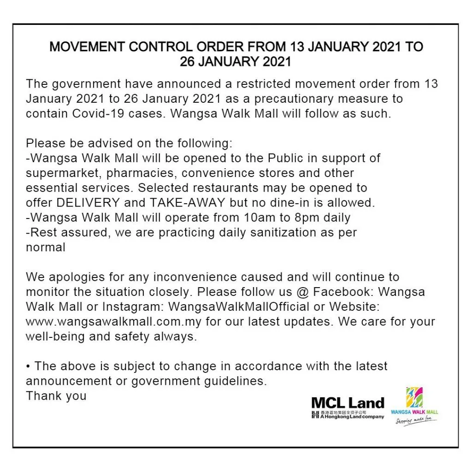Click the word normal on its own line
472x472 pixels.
[x=46, y=247]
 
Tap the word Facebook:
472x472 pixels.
[x=340, y=292]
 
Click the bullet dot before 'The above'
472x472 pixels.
[x=28, y=366]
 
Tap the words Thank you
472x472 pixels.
[x=56, y=396]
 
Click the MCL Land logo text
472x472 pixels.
[x=348, y=403]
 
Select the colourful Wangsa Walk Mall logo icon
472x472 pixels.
[x=414, y=397]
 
